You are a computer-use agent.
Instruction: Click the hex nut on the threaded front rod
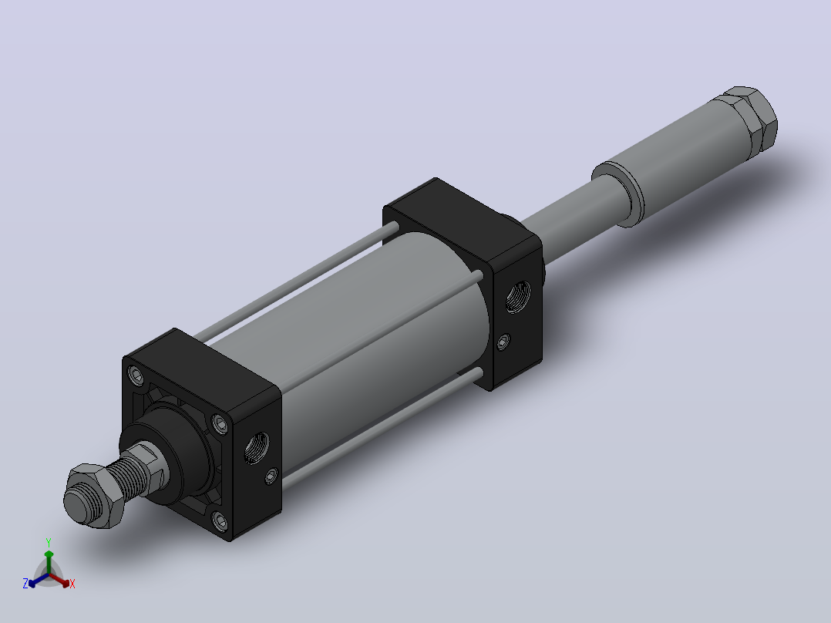point(93,496)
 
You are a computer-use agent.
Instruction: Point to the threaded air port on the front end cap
point(257,447)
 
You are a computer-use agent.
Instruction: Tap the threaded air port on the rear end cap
point(518,296)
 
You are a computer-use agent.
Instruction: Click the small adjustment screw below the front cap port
point(271,476)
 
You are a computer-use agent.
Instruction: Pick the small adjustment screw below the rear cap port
point(503,342)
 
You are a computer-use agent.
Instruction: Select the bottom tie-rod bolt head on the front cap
point(220,520)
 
